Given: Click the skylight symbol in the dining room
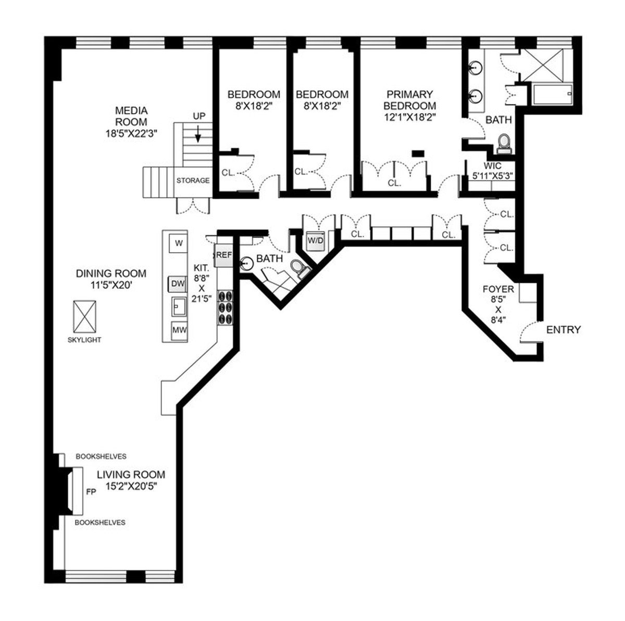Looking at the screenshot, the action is tap(85, 317).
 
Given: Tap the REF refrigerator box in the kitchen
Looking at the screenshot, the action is tap(223, 255).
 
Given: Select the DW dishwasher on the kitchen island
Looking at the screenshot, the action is tap(178, 284).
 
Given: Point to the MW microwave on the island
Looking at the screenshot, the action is tap(179, 330).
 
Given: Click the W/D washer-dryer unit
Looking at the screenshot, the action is tap(315, 241).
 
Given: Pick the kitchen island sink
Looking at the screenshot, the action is tap(179, 306).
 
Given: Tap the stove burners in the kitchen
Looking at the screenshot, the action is tap(226, 307).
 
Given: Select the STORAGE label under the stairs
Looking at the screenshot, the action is tap(193, 180).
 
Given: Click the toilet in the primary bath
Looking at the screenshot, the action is tap(504, 144).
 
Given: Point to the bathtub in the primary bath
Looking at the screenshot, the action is tap(552, 94).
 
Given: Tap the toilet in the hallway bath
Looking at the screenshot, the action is tap(299, 269).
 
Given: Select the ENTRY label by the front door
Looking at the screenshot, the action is tap(564, 330).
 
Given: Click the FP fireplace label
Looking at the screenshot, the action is tap(91, 492).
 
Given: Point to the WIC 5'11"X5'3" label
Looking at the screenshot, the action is tap(492, 171).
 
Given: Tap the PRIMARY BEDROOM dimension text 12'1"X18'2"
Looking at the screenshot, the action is tap(410, 117).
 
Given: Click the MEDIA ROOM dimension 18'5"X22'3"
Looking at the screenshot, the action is tap(131, 133).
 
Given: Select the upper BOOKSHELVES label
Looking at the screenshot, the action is tap(101, 456).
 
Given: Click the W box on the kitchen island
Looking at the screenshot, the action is tap(179, 243).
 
